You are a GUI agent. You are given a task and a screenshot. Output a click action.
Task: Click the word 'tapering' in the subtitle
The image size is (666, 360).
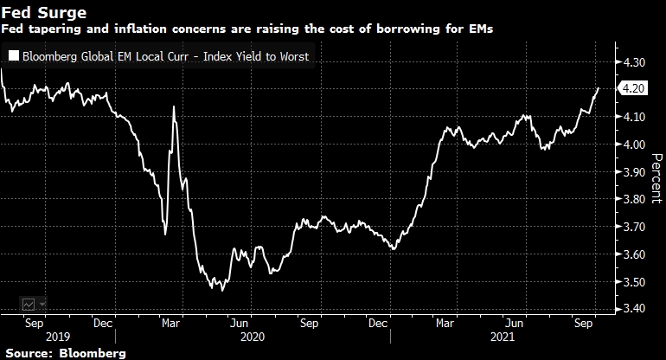pyautogui.click(x=54, y=29)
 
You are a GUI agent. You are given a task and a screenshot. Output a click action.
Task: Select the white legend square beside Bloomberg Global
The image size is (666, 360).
pyautogui.click(x=13, y=57)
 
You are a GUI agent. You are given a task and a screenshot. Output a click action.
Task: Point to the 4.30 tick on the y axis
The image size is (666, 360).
pyautogui.click(x=634, y=63)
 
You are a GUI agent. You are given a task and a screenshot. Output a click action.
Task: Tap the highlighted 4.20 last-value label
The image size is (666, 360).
pyautogui.click(x=634, y=88)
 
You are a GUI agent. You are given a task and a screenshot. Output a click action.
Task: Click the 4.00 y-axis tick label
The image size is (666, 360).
pyautogui.click(x=634, y=145)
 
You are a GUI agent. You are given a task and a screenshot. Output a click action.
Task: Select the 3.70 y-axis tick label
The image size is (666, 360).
pyautogui.click(x=634, y=227)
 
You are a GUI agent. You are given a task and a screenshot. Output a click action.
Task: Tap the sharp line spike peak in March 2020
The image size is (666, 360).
pyautogui.click(x=175, y=106)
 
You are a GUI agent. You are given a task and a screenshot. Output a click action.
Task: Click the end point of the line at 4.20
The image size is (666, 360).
pyautogui.click(x=599, y=88)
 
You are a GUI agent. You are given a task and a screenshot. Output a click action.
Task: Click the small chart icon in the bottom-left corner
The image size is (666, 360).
pyautogui.click(x=29, y=304)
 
